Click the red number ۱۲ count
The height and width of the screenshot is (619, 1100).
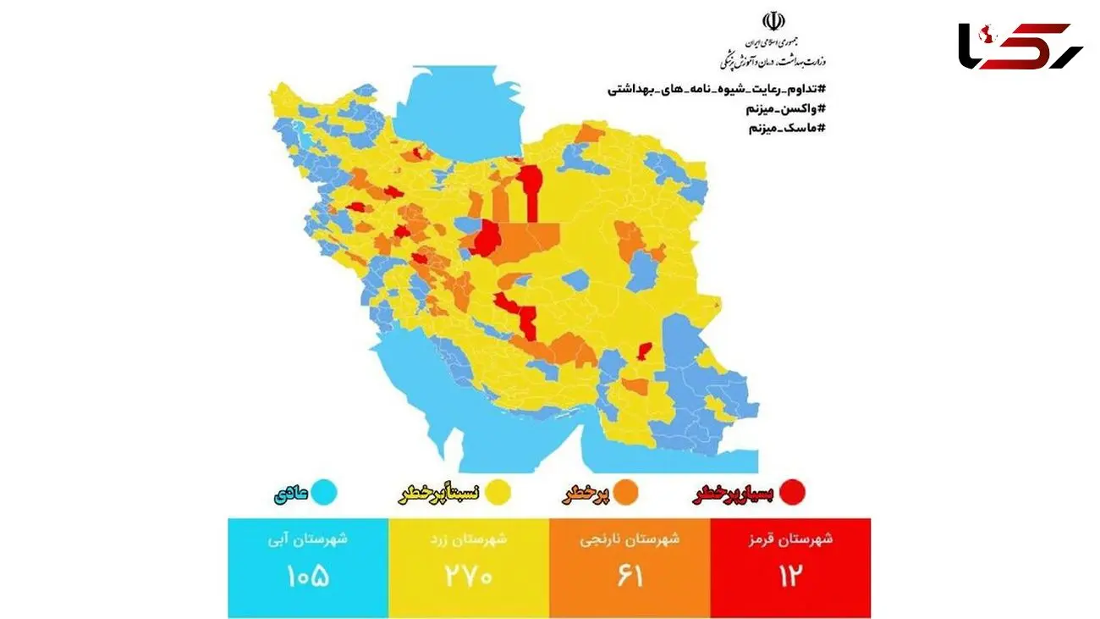(x=790, y=576)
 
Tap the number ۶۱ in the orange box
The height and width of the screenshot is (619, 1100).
(x=630, y=576)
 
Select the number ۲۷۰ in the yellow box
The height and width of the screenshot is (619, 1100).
(x=469, y=576)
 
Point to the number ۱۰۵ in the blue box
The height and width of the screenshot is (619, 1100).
(x=308, y=576)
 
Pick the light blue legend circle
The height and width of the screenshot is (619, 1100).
(x=323, y=493)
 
